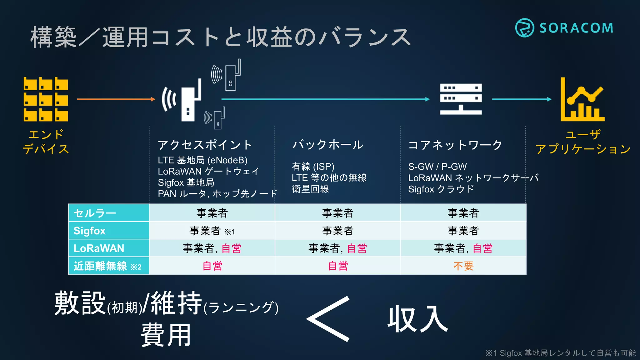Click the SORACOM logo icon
coord(524,28)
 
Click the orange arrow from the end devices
coord(116,99)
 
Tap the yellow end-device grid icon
coord(46,99)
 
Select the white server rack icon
coord(461,99)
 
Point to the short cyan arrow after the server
coord(522,99)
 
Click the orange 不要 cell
coord(463,266)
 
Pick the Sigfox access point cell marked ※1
coord(212,231)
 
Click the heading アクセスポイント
coord(205,145)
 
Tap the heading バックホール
coord(328,145)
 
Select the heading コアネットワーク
coord(455,145)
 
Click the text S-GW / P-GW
coord(437,167)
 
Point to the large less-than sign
coord(328,319)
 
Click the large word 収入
coord(418,319)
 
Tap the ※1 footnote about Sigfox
coord(560,353)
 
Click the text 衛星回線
coord(310,189)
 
